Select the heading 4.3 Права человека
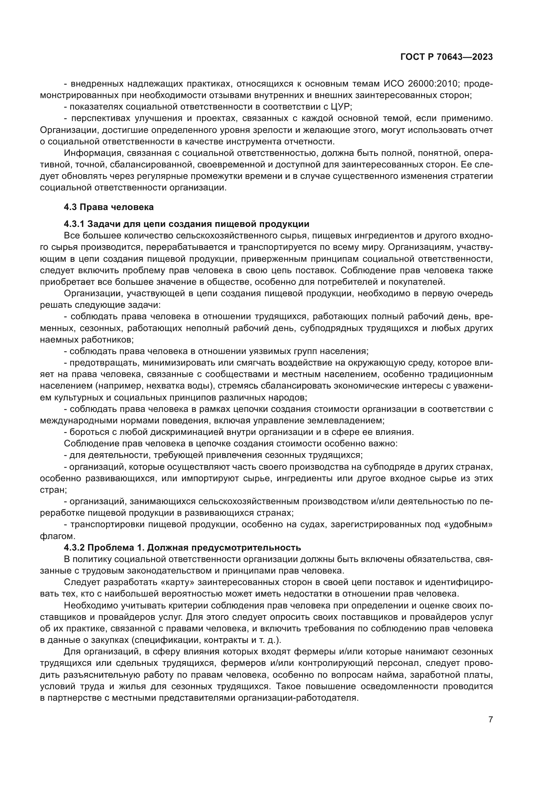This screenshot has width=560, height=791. [109, 207]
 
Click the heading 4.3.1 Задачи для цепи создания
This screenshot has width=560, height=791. [186, 224]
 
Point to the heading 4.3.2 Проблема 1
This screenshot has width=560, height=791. [182, 548]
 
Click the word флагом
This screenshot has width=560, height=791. [52, 536]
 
